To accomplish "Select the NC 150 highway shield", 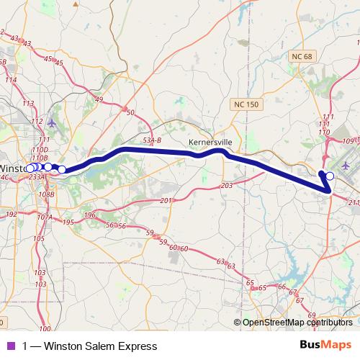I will (x=246, y=106).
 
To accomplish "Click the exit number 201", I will (x=166, y=200).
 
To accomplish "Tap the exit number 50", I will (x=130, y=112).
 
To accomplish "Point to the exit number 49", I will (x=99, y=99).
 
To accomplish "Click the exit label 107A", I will (x=45, y=217).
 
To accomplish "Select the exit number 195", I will (x=68, y=222).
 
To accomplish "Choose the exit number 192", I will (x=12, y=215).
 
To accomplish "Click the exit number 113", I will (x=28, y=104).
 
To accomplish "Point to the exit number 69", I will (x=311, y=315).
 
